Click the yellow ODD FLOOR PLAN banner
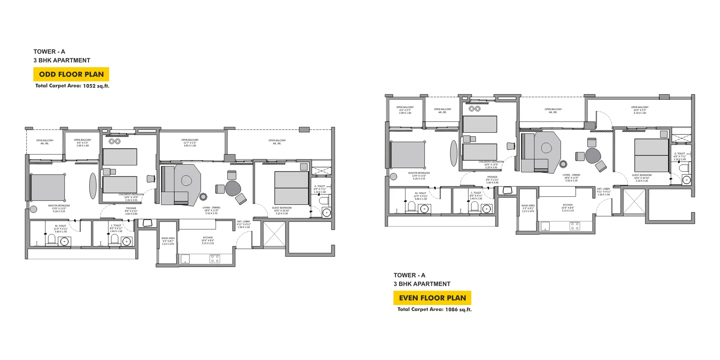pyautogui.click(x=71, y=74)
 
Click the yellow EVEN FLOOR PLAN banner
pyautogui.click(x=432, y=298)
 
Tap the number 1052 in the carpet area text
pyautogui.click(x=89, y=86)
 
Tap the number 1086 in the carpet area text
pyautogui.click(x=451, y=310)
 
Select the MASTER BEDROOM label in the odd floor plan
pyautogui.click(x=59, y=206)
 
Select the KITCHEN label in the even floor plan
pyautogui.click(x=568, y=205)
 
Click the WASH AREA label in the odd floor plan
pyautogui.click(x=168, y=239)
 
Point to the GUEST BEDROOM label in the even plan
pyautogui.click(x=642, y=175)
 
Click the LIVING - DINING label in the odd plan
pyautogui.click(x=211, y=208)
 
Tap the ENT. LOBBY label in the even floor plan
pyautogui.click(x=604, y=189)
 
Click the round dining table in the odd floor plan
pyautogui.click(x=233, y=188)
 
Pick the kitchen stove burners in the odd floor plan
pyautogui.click(x=215, y=259)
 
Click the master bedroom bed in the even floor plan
pyautogui.click(x=408, y=155)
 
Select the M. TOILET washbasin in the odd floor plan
pyautogui.click(x=64, y=241)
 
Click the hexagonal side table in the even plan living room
pyautogui.click(x=563, y=164)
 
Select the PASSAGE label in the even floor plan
pyautogui.click(x=492, y=177)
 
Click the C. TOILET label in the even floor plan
pyautogui.click(x=476, y=193)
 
